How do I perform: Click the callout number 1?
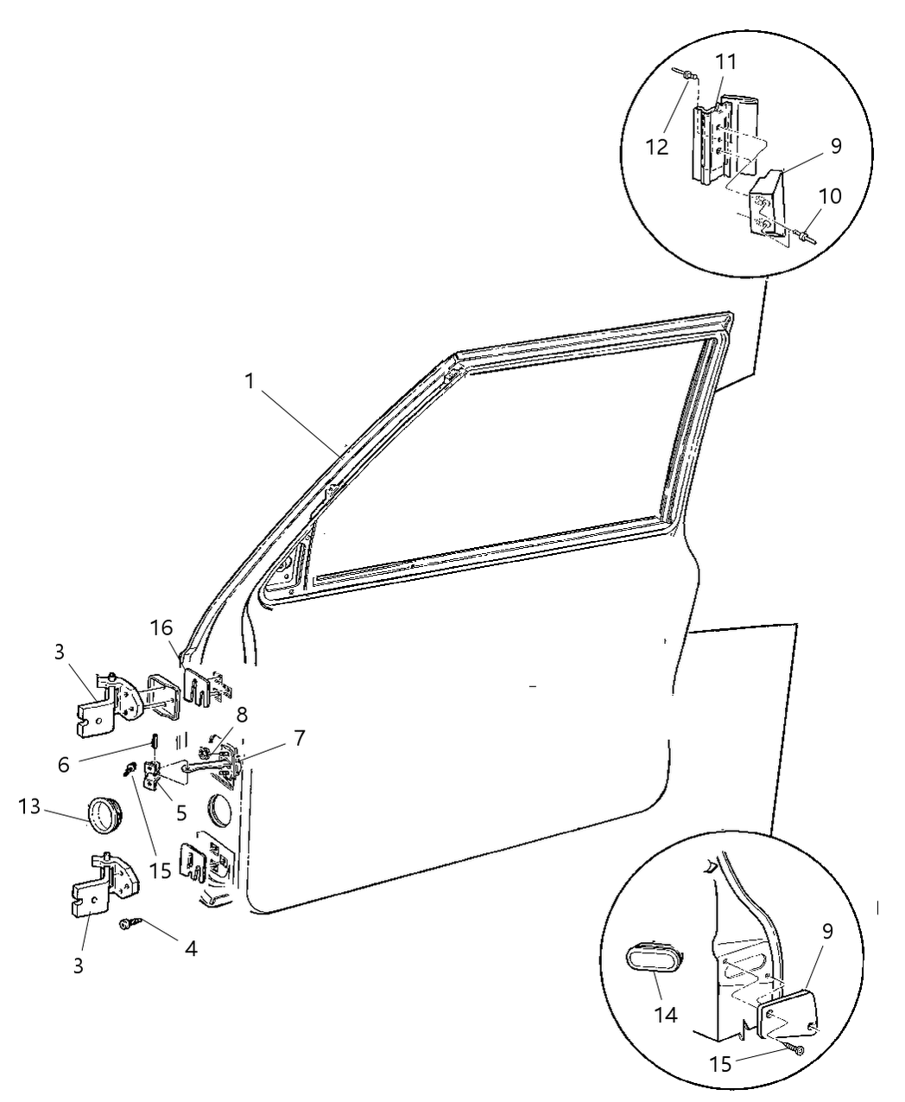pyautogui.click(x=249, y=381)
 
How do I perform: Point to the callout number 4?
pyautogui.click(x=190, y=948)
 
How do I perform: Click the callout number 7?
pyautogui.click(x=298, y=737)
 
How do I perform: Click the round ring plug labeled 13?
pyautogui.click(x=105, y=813)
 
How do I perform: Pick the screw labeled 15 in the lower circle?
pyautogui.click(x=797, y=1049)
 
